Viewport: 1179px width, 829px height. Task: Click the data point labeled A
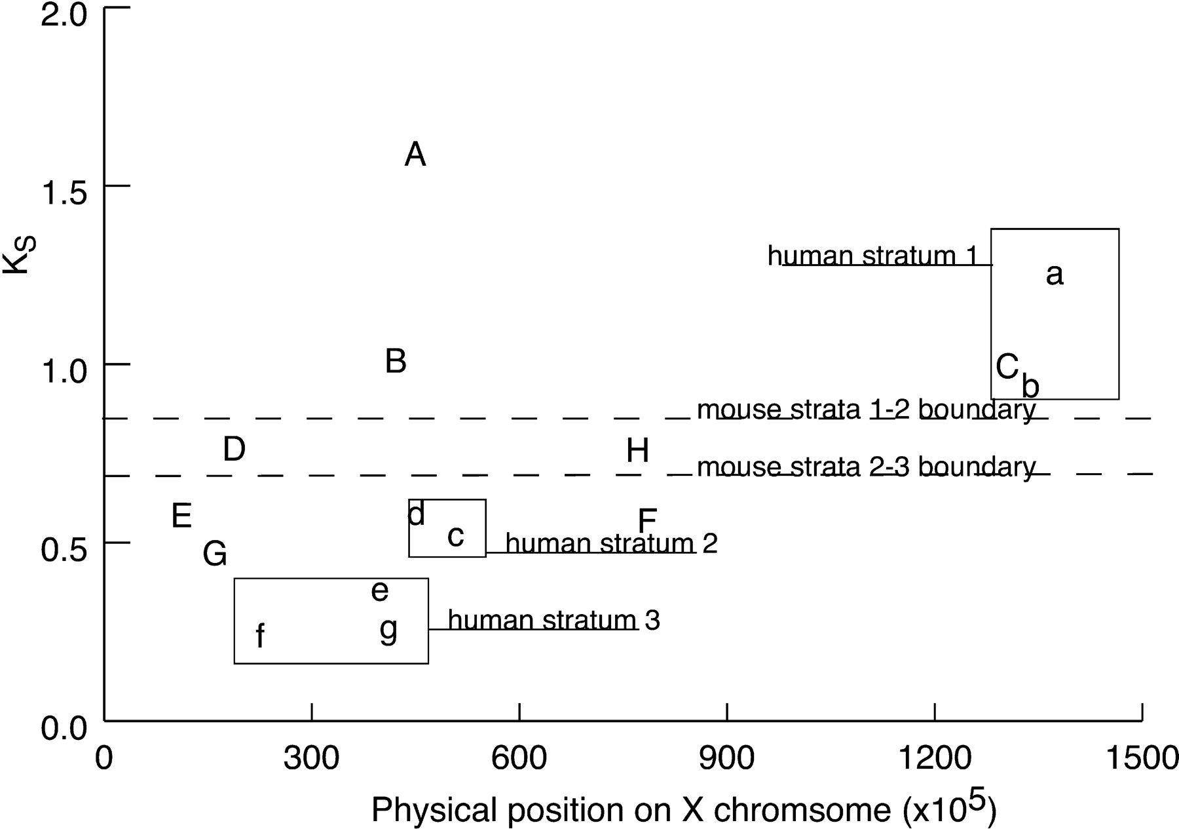415,155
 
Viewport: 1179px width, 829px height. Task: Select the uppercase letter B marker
396,361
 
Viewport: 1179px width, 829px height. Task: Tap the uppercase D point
234,450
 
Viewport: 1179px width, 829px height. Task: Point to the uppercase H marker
637,451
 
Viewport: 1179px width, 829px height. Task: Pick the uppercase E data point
181,516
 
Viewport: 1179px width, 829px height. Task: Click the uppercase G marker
215,554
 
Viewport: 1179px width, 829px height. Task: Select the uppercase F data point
647,521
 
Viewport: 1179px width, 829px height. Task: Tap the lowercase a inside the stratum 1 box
1054,274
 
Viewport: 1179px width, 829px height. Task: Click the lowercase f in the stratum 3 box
260,636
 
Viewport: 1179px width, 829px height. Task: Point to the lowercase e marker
380,591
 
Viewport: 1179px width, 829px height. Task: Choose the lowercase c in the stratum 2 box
456,536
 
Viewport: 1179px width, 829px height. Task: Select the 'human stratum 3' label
554,620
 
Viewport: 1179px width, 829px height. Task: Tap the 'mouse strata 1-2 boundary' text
867,410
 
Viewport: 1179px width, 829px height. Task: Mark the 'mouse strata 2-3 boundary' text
867,467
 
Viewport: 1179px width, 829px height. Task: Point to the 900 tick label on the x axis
726,758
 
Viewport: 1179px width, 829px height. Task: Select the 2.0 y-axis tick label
64,14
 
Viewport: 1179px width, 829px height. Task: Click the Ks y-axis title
18,256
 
